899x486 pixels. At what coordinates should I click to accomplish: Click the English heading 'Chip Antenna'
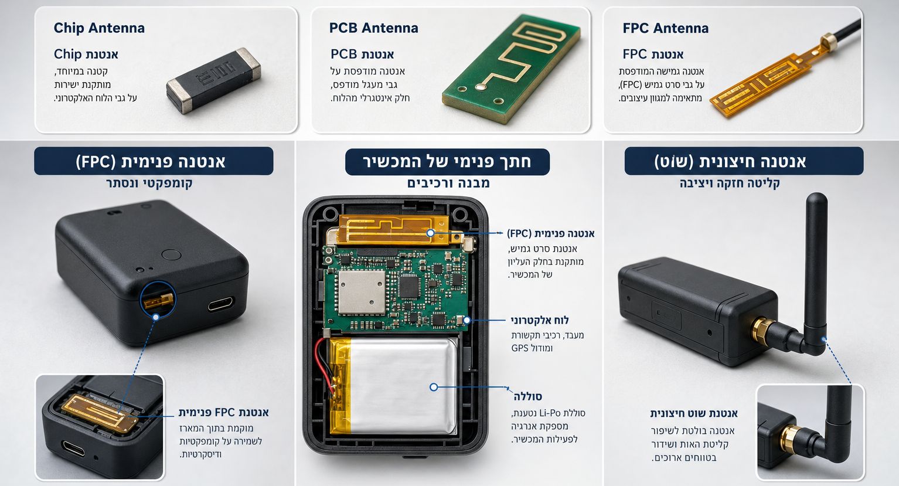coord(99,28)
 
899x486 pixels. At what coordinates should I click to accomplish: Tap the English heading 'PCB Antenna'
coord(374,28)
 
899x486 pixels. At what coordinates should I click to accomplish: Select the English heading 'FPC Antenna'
coord(665,28)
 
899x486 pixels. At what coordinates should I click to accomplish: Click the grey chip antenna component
coord(213,80)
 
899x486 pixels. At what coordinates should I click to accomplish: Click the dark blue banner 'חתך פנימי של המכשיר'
coord(447,162)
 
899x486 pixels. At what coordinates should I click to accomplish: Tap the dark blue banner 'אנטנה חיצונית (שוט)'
coord(744,161)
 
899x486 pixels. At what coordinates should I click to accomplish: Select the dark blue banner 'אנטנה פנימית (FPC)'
coord(154,161)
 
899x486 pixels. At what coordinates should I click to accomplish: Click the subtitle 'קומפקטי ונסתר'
coord(149,183)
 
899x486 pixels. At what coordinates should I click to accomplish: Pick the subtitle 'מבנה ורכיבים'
coord(448,183)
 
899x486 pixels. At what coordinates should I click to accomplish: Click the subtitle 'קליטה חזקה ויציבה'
coord(730,183)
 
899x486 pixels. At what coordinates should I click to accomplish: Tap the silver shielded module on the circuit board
coord(362,292)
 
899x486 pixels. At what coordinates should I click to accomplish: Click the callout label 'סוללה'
coord(528,396)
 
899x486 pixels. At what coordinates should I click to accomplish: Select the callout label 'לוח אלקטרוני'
coord(540,320)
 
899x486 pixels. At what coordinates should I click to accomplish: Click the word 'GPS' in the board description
coord(520,348)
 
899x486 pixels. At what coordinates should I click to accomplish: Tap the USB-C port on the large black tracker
coord(221,304)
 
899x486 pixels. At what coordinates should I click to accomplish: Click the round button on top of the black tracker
coord(171,255)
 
